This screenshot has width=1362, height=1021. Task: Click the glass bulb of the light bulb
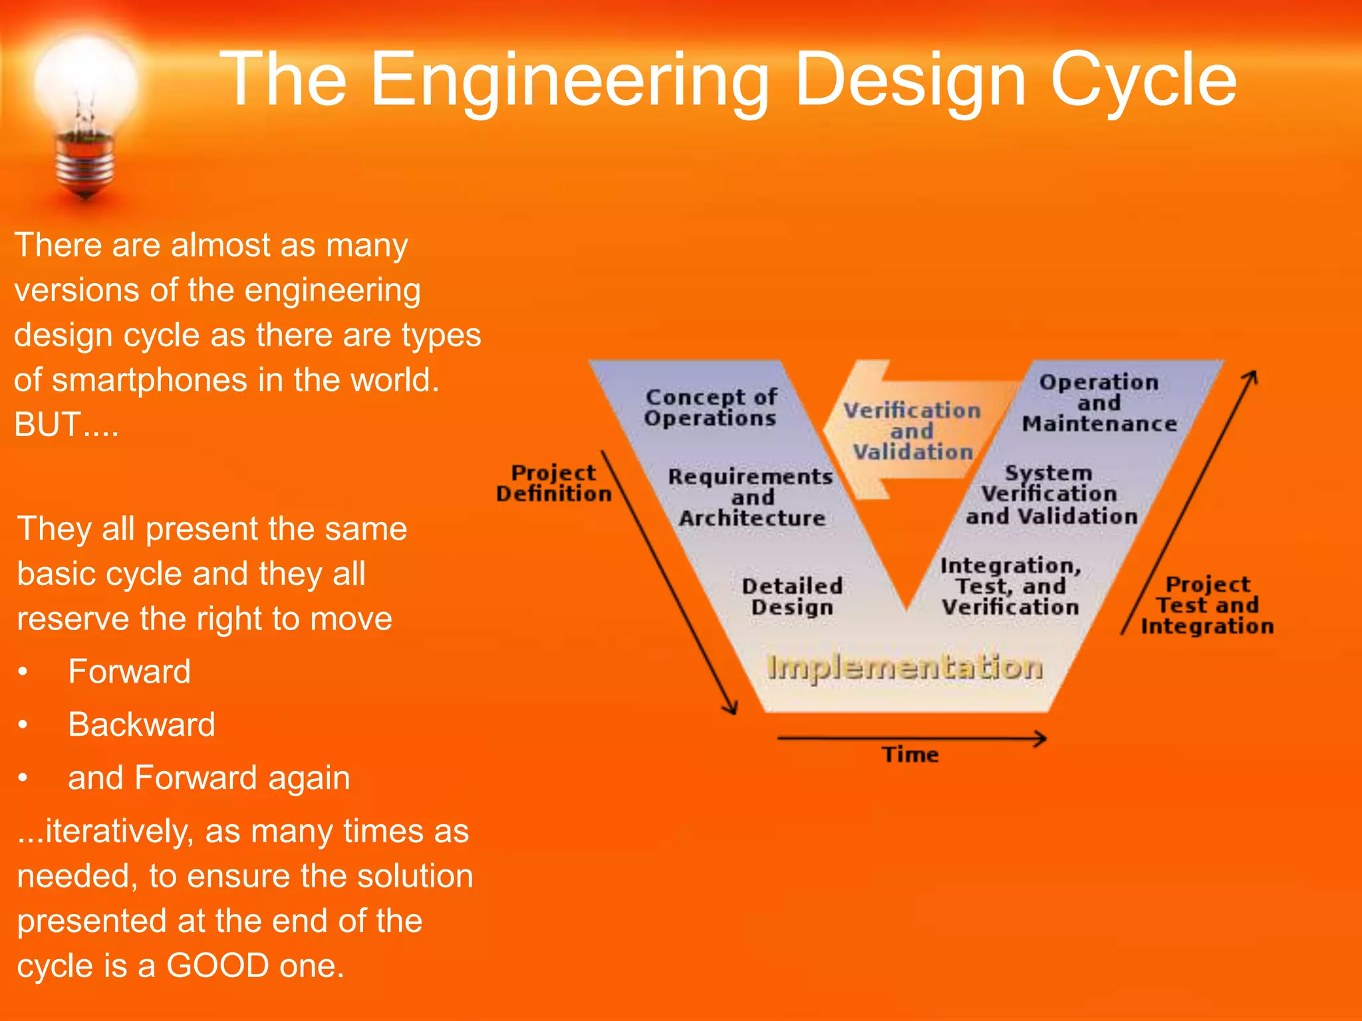pos(85,83)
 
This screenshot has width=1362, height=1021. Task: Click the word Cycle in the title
pos(1143,80)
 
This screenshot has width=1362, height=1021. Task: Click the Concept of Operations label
pos(710,407)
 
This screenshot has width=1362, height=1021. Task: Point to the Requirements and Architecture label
pos(751,497)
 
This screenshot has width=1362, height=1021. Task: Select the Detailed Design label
pos(792,596)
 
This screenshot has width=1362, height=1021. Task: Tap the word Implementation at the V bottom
pos(904,667)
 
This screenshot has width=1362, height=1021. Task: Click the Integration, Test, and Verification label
pos(1010,586)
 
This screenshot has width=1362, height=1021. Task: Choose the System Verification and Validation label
pos(1051,495)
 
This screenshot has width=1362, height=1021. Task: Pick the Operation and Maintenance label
pos(1099,403)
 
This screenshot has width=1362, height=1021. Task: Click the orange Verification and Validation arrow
pos(912,431)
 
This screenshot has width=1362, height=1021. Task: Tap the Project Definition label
pos(553,483)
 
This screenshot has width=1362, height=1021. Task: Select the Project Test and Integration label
pos(1207,606)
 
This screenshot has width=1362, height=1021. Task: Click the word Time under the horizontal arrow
pos(910,755)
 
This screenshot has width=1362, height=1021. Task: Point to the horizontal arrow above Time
pos(911,738)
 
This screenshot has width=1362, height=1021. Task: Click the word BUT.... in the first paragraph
pos(67,425)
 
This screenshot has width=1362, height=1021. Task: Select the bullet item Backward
pos(142,725)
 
